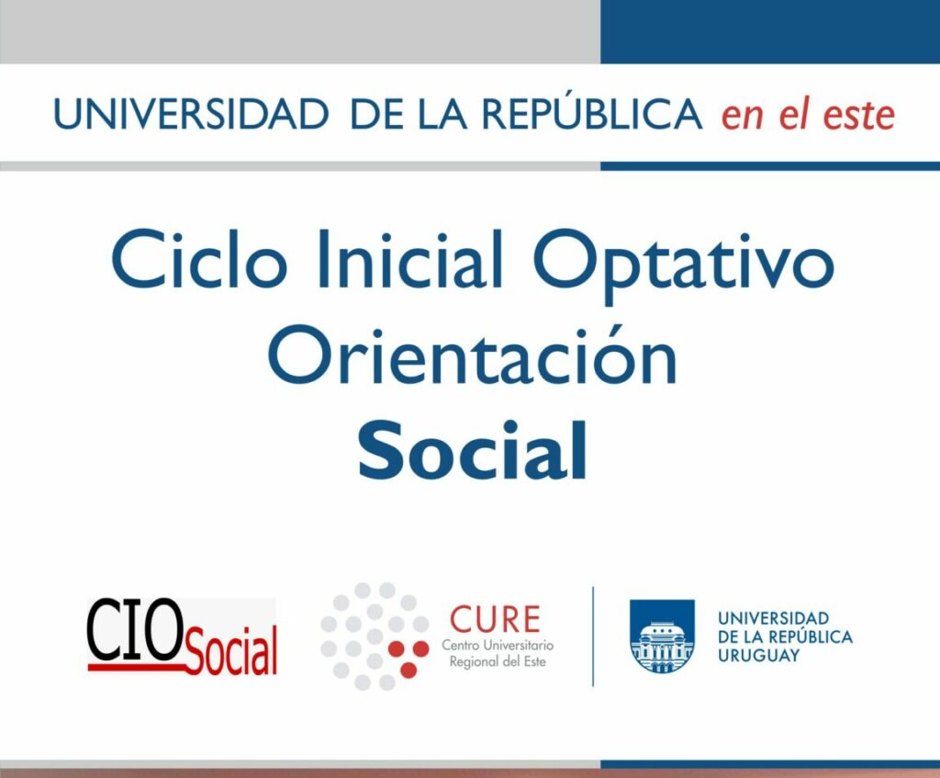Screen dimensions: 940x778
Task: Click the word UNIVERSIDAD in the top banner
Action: click(x=191, y=114)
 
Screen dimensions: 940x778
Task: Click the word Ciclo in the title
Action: click(x=198, y=259)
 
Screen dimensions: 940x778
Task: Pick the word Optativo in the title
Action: click(x=683, y=265)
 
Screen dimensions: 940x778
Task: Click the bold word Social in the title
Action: click(x=473, y=450)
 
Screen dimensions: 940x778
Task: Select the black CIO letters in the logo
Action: click(x=135, y=630)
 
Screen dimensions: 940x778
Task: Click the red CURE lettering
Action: click(x=495, y=620)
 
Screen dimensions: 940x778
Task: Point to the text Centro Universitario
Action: click(x=498, y=646)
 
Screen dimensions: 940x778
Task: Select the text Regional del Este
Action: click(x=498, y=661)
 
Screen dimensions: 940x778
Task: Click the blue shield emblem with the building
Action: click(x=662, y=636)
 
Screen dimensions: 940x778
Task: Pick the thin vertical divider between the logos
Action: click(x=593, y=637)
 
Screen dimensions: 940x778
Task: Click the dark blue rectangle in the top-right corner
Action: click(x=770, y=31)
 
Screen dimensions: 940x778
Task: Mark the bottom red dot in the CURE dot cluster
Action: click(x=408, y=670)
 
